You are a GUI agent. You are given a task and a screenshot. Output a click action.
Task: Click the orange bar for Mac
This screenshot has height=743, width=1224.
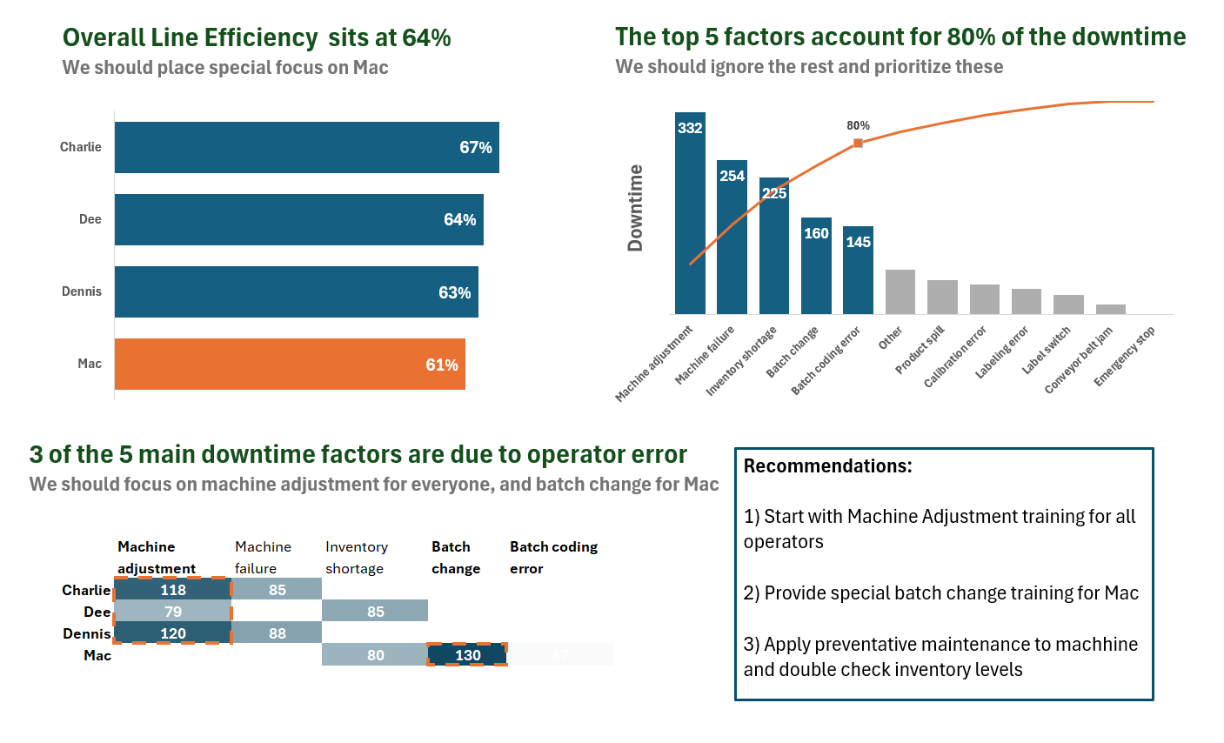coord(290,364)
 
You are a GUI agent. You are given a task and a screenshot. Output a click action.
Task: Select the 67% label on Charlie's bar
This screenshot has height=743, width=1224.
coord(475,148)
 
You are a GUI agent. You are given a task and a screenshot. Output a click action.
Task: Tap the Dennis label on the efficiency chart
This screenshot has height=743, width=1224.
coord(82,291)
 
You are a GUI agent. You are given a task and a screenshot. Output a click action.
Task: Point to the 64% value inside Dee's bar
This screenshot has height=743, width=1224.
coord(459,220)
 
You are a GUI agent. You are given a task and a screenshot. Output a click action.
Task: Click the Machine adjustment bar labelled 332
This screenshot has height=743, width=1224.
coord(690,213)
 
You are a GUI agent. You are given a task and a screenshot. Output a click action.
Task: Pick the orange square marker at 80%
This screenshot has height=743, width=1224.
coord(858,143)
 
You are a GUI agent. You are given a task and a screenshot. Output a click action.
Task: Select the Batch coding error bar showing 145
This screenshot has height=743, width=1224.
coord(858,270)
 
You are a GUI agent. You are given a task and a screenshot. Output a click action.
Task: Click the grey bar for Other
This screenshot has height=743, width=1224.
coord(900,291)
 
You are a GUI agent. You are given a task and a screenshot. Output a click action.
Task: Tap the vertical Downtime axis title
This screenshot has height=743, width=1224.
coord(636,208)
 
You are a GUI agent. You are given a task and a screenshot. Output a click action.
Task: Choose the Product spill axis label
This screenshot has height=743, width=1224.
coord(920,351)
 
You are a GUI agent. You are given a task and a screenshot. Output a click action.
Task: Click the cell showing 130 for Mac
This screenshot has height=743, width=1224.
coord(467,655)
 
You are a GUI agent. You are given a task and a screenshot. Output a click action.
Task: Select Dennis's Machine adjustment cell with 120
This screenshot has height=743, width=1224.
coord(173,633)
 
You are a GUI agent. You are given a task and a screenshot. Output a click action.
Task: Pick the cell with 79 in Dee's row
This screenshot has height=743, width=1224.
coord(173,612)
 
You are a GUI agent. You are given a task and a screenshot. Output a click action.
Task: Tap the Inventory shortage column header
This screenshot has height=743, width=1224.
coord(356,558)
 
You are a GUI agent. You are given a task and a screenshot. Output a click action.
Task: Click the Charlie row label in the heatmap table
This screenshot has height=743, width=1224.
coord(86,590)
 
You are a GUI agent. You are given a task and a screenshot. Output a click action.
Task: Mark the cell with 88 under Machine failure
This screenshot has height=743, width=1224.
coord(278,633)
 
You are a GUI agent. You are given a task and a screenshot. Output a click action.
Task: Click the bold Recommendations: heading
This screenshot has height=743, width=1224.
coord(827,466)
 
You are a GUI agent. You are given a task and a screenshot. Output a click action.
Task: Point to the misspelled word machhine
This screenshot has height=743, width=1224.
coord(1096,645)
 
